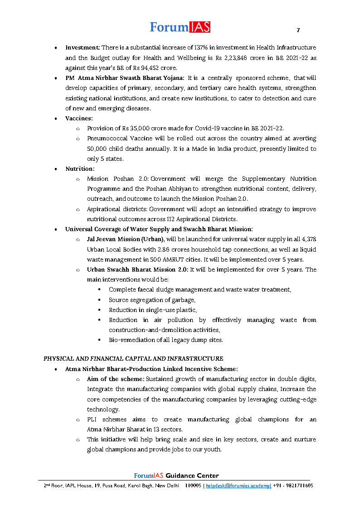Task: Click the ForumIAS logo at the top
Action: point(180,27)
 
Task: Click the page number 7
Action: point(298,30)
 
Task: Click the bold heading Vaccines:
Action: point(79,118)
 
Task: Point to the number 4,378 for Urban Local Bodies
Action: point(307,239)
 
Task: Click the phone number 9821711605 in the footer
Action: point(297,485)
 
